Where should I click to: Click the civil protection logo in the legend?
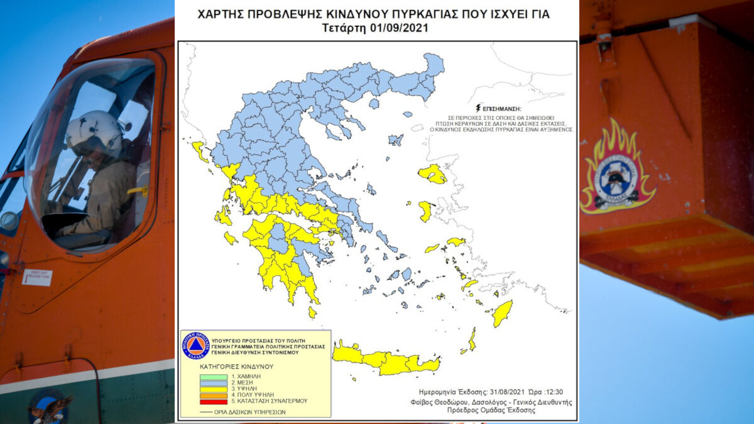(x=195, y=345)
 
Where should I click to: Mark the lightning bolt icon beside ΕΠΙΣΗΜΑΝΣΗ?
(x=479, y=107)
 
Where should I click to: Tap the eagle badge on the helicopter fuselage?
(x=50, y=406)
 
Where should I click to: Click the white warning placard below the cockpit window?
(x=37, y=277)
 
